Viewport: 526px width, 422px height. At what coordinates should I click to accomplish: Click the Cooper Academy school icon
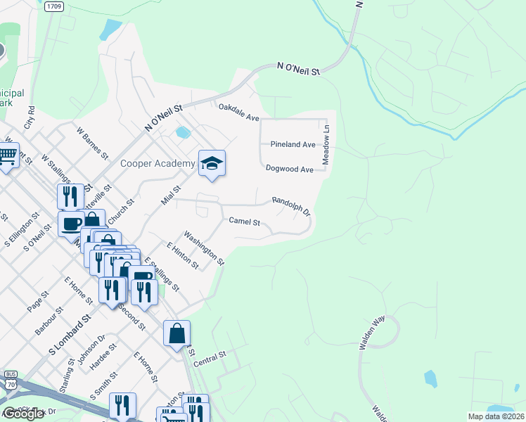tap(212, 164)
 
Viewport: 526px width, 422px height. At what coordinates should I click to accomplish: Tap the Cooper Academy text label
tap(158, 164)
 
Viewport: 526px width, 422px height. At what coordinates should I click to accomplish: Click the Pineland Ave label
tap(293, 144)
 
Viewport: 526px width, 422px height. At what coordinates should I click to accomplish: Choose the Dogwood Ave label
tap(290, 170)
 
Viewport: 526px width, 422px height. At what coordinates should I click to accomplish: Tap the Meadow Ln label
tap(326, 151)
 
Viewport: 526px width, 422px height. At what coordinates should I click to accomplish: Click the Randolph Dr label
tap(291, 205)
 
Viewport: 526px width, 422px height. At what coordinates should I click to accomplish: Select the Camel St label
tap(245, 222)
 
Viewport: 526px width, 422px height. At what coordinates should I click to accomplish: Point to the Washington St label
tap(203, 248)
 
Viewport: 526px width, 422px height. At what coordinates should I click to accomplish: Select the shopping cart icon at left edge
tap(7, 155)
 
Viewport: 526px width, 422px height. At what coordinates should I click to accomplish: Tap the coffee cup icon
tap(70, 223)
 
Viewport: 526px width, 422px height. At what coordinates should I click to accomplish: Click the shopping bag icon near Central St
tap(177, 333)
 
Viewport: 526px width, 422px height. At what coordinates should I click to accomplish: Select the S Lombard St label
tap(70, 334)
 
